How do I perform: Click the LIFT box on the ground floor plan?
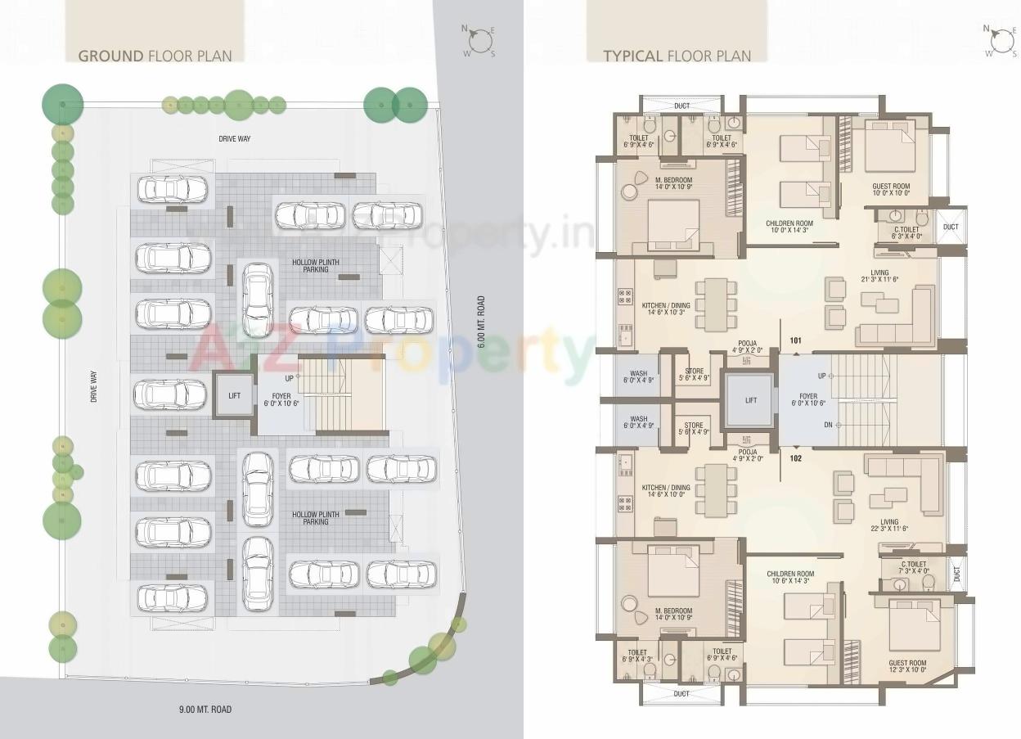click(x=235, y=395)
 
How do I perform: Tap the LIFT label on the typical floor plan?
click(x=751, y=400)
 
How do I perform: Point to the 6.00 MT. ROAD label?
click(x=482, y=322)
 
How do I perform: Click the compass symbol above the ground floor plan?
click(x=481, y=41)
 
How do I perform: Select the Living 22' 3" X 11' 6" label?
click(x=889, y=526)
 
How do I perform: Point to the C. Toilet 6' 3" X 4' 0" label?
click(x=906, y=232)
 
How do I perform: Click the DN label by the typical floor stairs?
click(x=828, y=425)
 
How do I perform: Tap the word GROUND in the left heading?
click(x=110, y=56)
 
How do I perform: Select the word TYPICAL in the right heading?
click(x=632, y=56)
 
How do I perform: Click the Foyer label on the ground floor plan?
click(x=281, y=400)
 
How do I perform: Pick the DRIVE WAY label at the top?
click(x=234, y=139)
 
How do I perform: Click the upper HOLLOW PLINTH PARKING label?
click(x=315, y=266)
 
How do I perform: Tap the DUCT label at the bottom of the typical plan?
click(x=681, y=693)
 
